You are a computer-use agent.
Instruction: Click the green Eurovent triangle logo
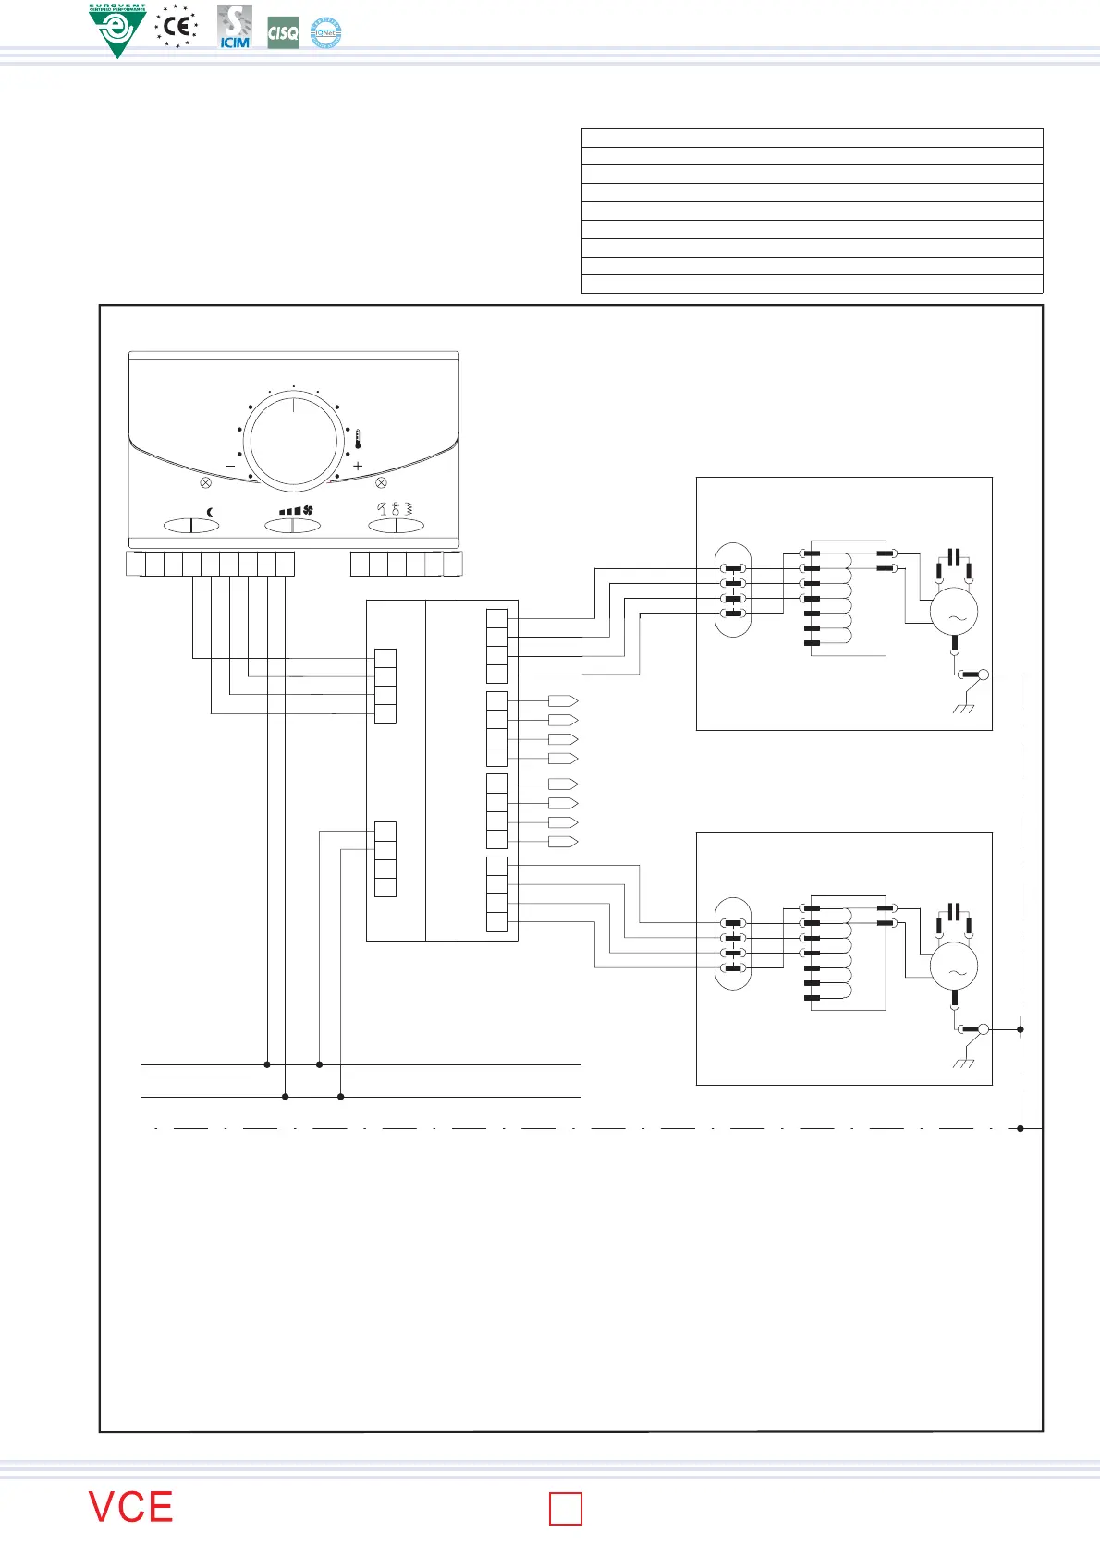117,30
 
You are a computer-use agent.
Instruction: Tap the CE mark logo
177,26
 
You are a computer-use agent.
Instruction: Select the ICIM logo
235,28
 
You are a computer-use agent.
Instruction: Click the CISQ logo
283,33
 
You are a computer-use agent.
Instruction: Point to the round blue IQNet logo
325,33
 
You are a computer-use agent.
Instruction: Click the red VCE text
131,1507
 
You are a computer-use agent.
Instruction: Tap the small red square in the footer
566,1509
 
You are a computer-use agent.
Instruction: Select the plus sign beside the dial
358,467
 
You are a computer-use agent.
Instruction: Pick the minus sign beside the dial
230,467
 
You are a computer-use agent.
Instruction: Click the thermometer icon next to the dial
357,440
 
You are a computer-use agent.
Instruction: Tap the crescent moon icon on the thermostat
210,511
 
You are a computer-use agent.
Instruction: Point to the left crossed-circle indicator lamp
206,482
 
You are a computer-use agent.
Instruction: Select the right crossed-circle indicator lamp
381,482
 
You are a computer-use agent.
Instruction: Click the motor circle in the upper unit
953,611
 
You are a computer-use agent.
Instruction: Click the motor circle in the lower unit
953,966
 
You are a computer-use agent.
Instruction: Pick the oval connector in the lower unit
733,943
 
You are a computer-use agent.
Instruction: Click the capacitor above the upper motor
954,557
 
